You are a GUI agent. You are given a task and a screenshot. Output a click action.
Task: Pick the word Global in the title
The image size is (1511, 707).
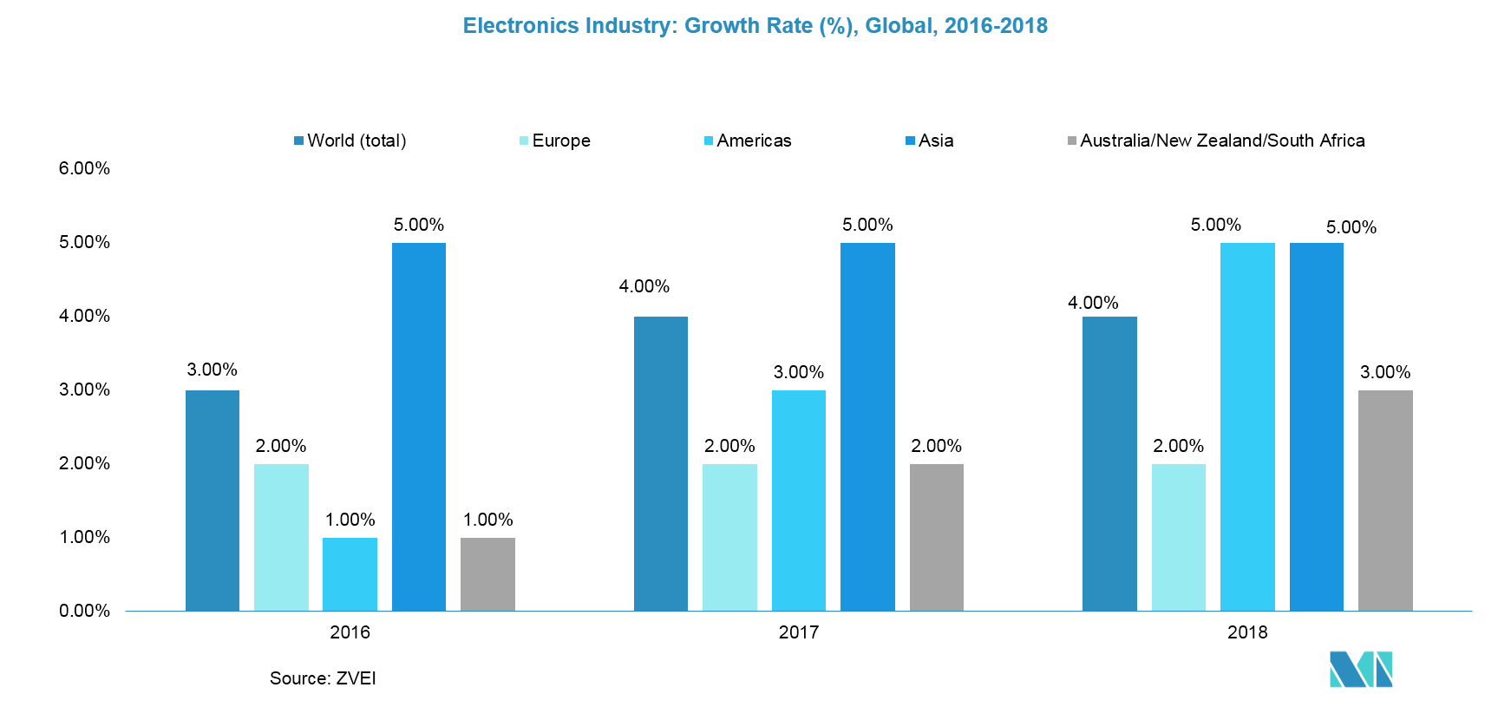[x=899, y=26]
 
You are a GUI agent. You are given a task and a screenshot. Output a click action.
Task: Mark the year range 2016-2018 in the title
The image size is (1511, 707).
[x=996, y=26]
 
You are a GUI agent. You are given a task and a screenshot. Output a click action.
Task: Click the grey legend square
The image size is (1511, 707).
[x=1072, y=141]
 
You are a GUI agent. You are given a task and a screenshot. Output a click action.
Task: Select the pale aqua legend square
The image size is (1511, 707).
[x=524, y=141]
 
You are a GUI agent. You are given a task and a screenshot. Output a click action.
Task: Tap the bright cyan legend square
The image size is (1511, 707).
[x=709, y=141]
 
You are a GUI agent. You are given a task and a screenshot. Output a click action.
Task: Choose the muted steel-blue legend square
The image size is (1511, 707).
[x=299, y=141]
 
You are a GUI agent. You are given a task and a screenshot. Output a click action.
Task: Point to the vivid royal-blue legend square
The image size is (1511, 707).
[x=910, y=141]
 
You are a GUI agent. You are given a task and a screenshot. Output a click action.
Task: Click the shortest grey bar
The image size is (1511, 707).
[x=487, y=574]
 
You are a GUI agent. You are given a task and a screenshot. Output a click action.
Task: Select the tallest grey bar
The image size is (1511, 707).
[x=1385, y=501]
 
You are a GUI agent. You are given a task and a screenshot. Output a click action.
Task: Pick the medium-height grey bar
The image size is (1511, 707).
[x=936, y=537]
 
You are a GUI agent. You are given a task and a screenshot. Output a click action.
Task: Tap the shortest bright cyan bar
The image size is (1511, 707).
[x=350, y=574]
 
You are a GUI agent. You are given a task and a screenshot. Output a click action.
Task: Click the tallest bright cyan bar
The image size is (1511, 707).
[x=1247, y=427]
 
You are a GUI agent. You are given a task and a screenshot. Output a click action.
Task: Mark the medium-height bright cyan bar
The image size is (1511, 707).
[x=798, y=501]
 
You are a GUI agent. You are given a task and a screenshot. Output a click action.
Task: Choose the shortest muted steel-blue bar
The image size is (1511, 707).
[x=213, y=501]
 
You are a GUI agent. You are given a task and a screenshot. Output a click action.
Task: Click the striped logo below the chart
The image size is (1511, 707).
[x=1360, y=669]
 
